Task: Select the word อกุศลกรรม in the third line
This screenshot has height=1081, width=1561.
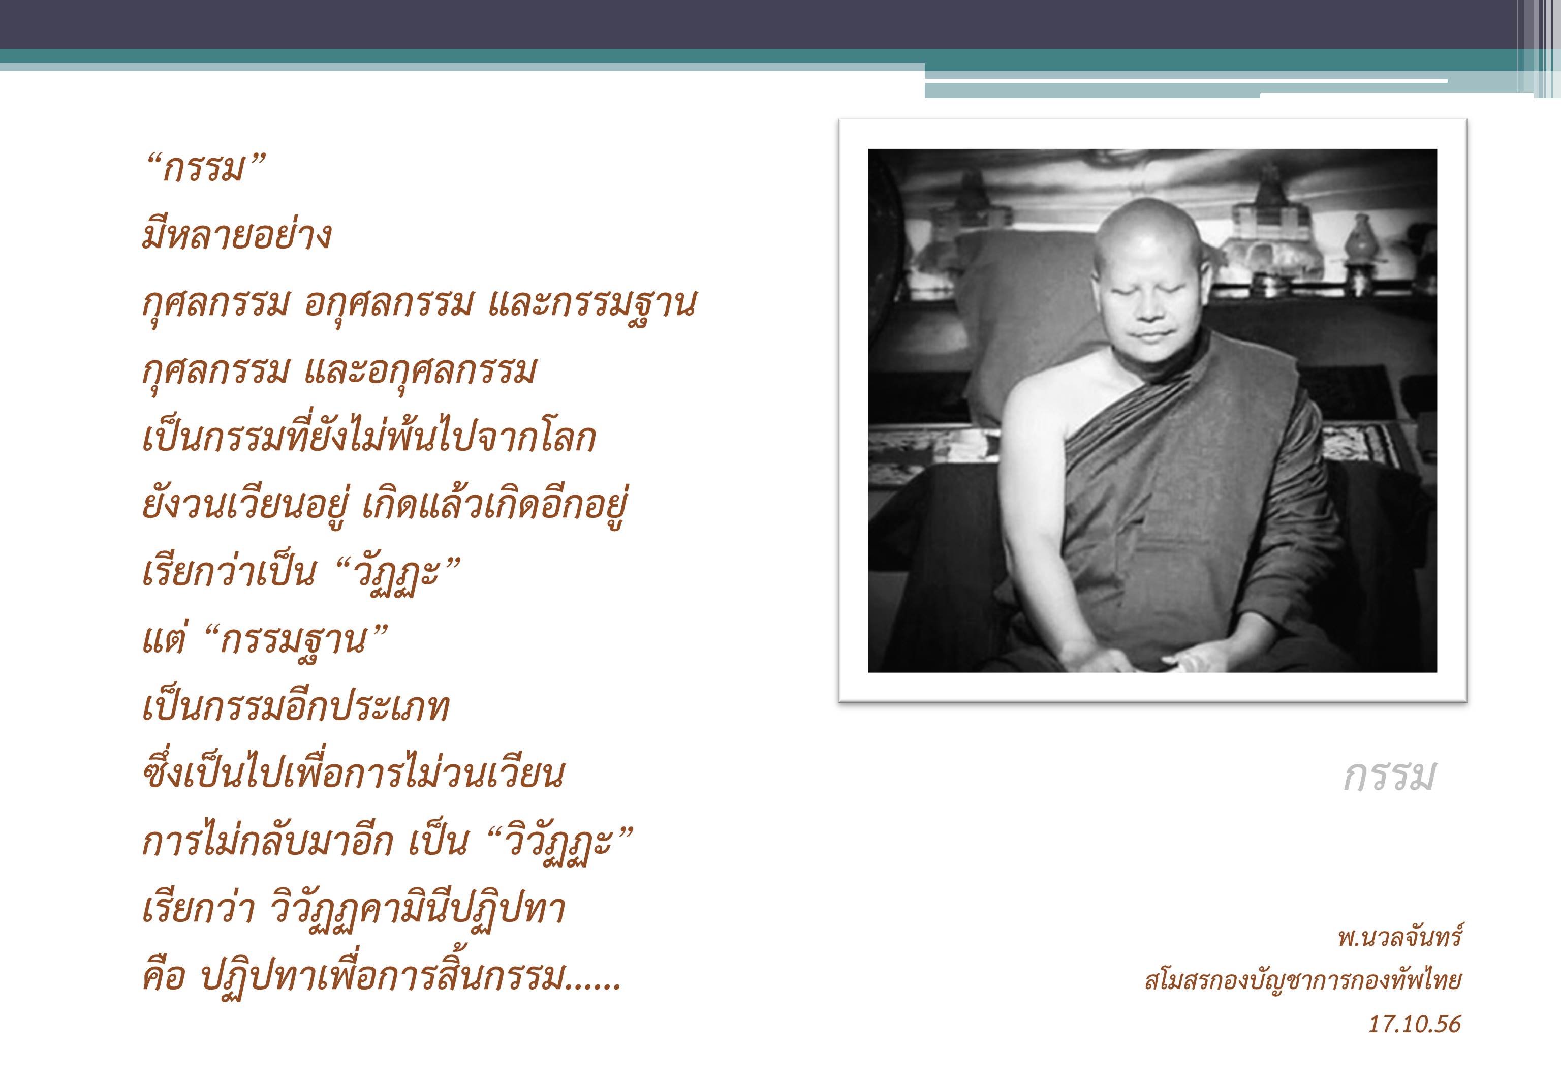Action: point(387,303)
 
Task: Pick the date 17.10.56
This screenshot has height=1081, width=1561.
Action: point(1415,1024)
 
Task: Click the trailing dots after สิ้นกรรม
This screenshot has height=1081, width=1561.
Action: point(594,987)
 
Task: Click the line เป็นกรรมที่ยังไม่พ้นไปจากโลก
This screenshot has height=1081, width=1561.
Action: point(368,437)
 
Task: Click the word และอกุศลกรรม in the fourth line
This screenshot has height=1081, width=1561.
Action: point(420,370)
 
